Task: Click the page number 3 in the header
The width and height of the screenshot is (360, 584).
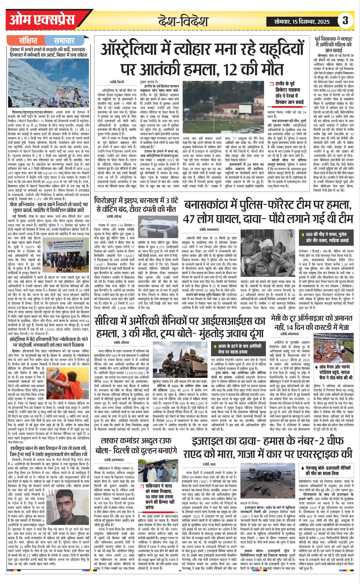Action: (x=345, y=20)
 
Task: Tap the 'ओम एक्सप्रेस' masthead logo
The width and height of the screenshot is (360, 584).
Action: (x=42, y=20)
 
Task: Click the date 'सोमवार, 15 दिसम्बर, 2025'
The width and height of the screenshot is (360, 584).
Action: (x=302, y=21)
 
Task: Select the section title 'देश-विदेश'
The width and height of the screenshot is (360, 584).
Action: (x=183, y=21)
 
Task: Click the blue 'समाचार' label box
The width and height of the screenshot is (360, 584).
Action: (x=64, y=41)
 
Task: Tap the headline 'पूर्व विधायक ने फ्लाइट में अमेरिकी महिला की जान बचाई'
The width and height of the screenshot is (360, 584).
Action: (x=334, y=45)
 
